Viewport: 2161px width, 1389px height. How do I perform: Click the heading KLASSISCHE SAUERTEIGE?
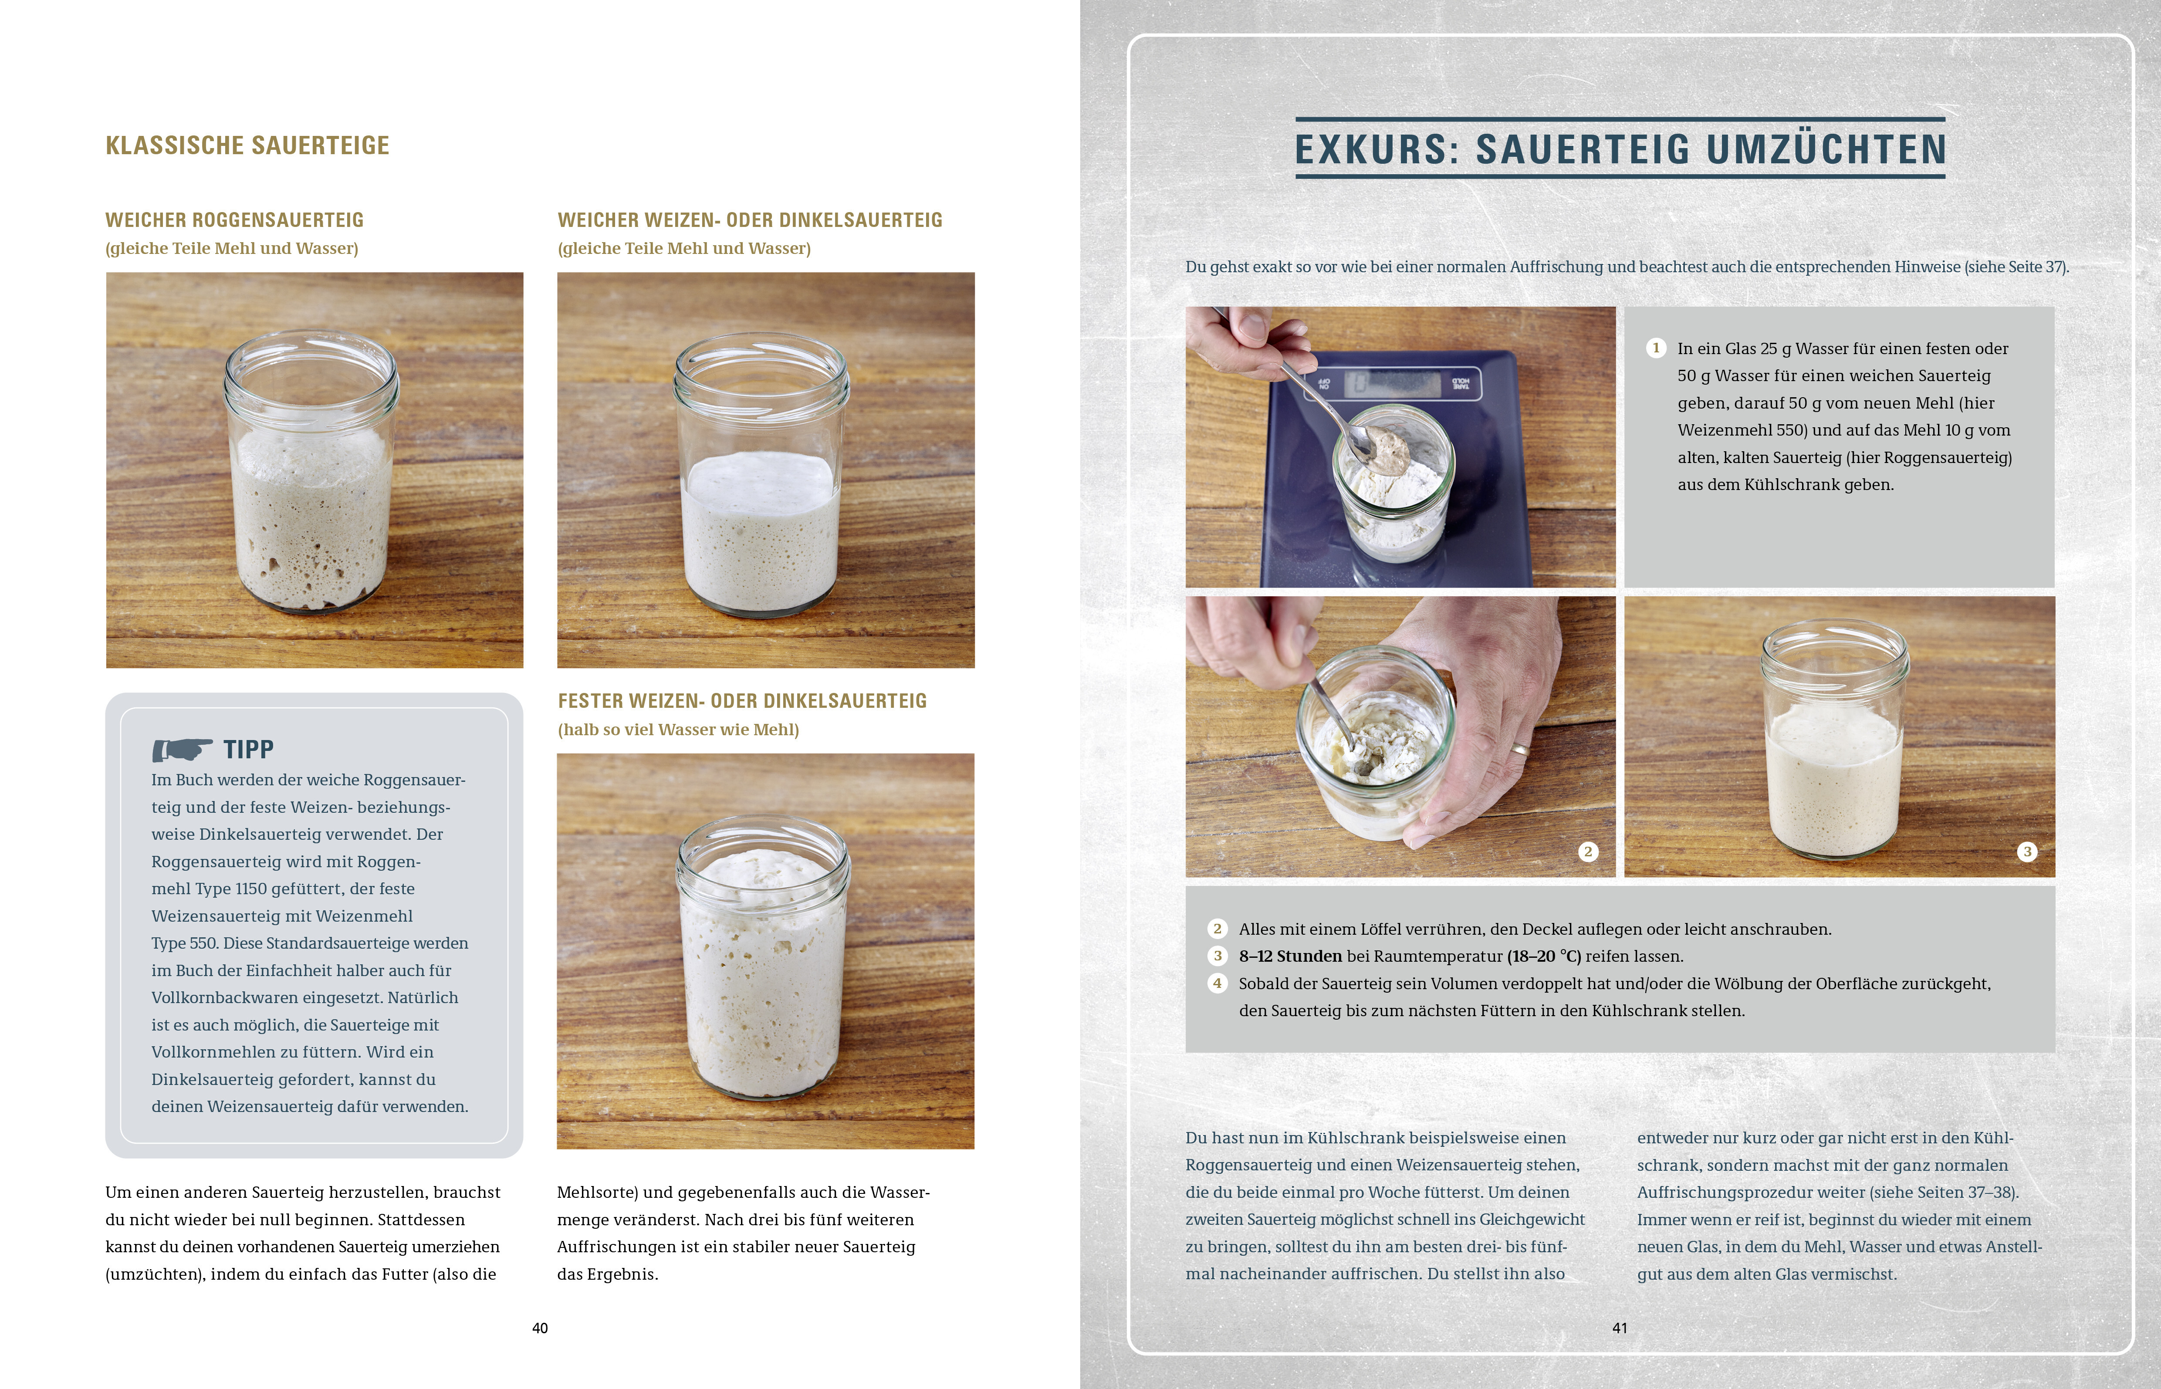[247, 145]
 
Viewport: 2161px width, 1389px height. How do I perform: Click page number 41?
[1620, 1328]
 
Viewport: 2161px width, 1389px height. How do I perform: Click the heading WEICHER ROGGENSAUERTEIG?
[234, 220]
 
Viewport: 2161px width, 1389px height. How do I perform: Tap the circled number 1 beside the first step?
[1656, 348]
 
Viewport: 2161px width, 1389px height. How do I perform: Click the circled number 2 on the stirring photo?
[1588, 852]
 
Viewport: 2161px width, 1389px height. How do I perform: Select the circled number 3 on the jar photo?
[2028, 852]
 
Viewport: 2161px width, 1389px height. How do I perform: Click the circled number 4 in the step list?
[1217, 983]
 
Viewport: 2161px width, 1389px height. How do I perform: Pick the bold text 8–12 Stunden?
[1290, 956]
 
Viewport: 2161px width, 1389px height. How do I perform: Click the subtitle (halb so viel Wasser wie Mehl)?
[678, 730]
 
